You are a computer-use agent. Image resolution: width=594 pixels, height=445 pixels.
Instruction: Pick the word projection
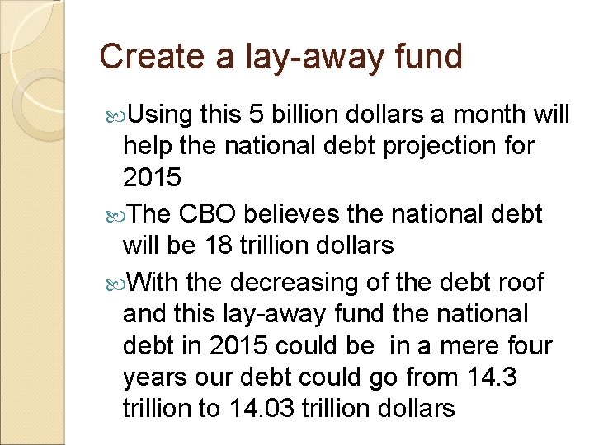[428, 147]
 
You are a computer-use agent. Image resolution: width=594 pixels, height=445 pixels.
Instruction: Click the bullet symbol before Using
[115, 114]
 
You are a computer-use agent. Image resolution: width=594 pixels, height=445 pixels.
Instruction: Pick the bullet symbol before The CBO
[115, 215]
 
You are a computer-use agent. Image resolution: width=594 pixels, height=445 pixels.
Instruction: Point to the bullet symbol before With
[115, 283]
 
